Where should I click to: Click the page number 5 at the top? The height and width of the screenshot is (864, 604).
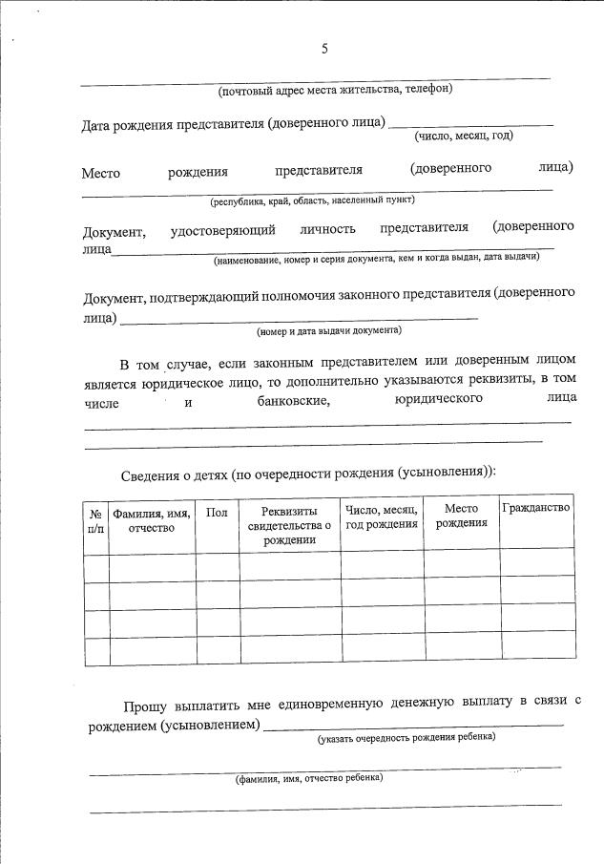tap(324, 49)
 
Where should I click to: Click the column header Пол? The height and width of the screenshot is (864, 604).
tap(217, 513)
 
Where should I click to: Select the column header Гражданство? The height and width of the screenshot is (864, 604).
tap(536, 507)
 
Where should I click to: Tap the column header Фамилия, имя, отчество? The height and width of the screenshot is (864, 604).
tap(152, 520)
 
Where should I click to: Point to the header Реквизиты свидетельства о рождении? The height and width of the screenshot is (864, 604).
tap(288, 525)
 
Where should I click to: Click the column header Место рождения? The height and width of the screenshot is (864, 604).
tap(461, 516)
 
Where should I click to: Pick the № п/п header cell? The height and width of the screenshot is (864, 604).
tap(95, 520)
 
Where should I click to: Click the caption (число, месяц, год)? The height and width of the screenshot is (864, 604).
tap(464, 136)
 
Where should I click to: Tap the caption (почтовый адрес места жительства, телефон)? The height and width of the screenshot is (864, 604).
tap(335, 90)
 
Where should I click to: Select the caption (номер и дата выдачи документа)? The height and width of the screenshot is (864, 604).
tap(329, 330)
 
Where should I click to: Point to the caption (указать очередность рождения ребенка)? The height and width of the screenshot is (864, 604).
tap(406, 737)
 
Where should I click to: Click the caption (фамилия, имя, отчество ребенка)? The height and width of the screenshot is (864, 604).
tap(309, 778)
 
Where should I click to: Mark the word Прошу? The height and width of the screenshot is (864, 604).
tap(144, 706)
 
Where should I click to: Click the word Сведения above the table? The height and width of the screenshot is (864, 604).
tap(150, 474)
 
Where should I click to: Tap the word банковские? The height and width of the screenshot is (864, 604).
tap(294, 402)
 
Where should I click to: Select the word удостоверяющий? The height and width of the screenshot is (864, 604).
tap(223, 229)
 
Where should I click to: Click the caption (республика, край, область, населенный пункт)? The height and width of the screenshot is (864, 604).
tap(312, 200)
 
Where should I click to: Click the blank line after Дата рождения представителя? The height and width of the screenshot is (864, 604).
tap(470, 124)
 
